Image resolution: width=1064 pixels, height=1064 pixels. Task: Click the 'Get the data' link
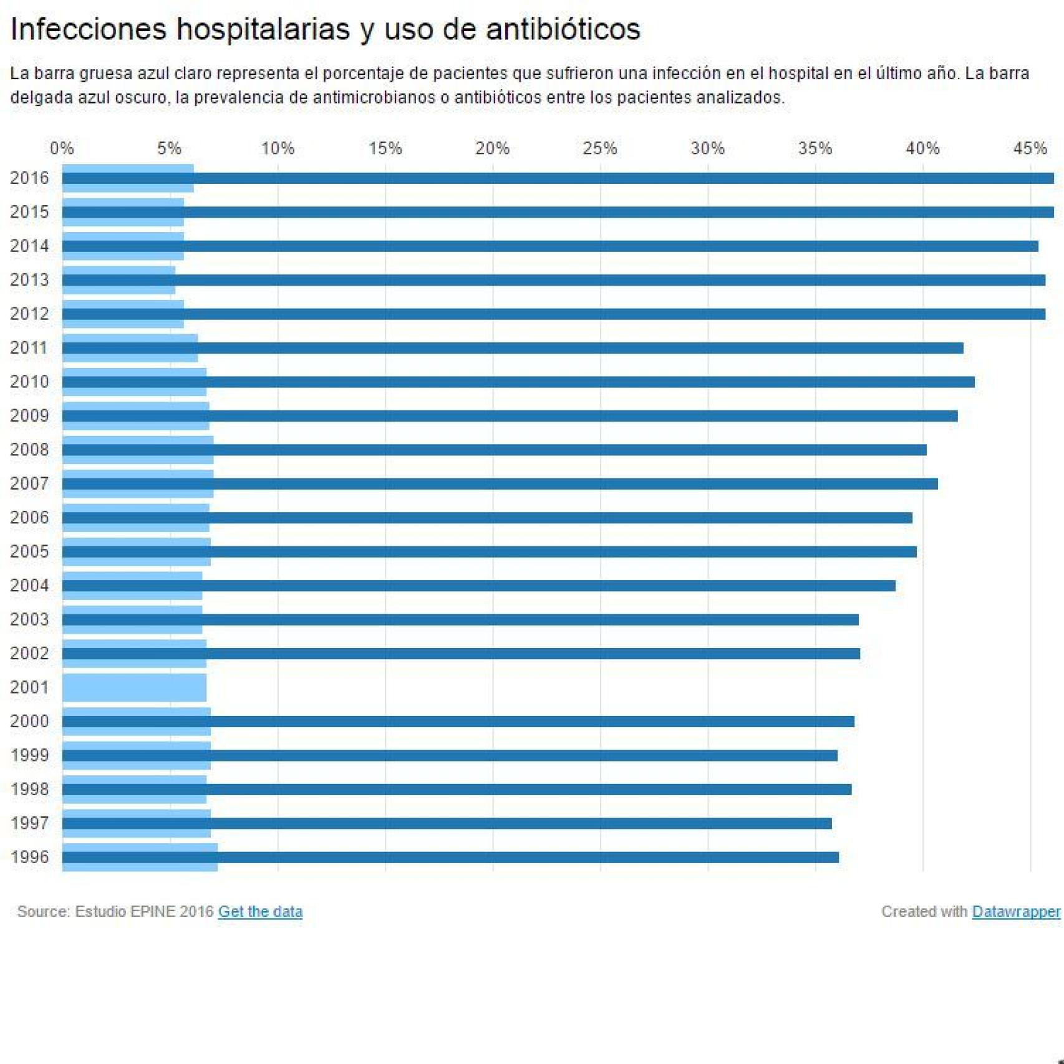(x=260, y=911)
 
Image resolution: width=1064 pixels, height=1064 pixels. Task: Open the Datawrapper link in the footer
(x=1015, y=911)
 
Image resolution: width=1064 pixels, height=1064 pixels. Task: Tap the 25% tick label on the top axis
(x=599, y=148)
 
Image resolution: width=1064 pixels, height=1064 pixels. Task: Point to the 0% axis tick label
(x=62, y=148)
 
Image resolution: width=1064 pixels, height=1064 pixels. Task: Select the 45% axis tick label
(x=1030, y=148)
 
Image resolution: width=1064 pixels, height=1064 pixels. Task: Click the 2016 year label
(x=29, y=178)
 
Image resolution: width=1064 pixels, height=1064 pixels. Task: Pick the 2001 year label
(x=29, y=687)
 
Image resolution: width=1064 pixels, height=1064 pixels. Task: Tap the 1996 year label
(x=29, y=857)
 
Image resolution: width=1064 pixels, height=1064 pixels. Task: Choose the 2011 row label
(x=29, y=348)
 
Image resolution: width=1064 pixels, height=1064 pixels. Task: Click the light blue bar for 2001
(x=134, y=687)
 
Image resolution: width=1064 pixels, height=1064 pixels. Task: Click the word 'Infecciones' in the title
(x=89, y=29)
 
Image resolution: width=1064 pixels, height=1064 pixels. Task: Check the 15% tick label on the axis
(x=385, y=148)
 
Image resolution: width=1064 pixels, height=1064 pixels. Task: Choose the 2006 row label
(x=29, y=518)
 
